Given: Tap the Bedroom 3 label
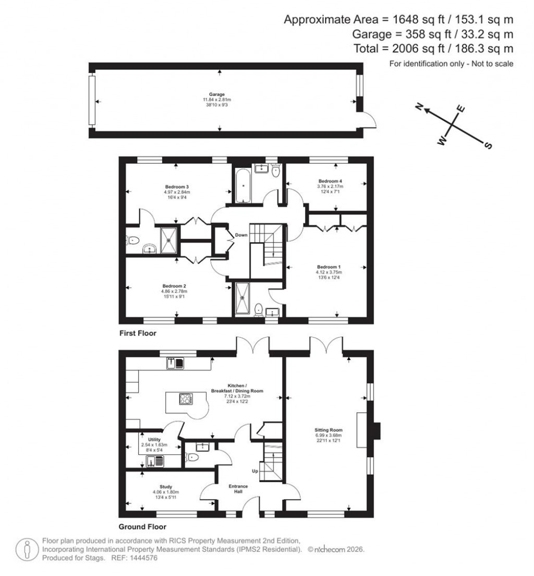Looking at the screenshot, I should point(176,187).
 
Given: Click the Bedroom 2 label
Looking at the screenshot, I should point(174,286).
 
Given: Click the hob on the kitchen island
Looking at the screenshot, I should point(185,399).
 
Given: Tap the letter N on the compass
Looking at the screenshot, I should point(418,107).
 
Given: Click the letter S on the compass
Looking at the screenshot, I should point(488,146).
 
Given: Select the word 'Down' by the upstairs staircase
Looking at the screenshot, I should point(240,235).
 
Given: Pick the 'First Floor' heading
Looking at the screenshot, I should point(138,332).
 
